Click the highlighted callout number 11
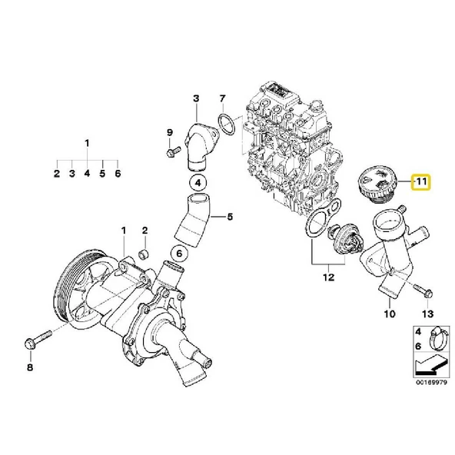tap(420, 182)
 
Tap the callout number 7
tap(222, 98)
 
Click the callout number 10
tap(389, 314)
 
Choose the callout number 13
tap(428, 314)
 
